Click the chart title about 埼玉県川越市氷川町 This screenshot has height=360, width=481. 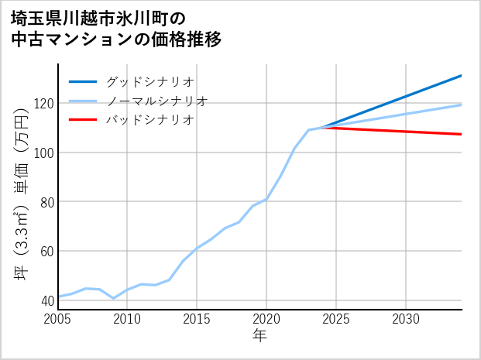pos(116,29)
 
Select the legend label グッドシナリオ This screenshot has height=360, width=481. pos(149,81)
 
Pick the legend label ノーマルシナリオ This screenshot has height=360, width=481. pos(156,101)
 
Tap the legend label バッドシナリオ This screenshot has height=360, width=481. pos(149,120)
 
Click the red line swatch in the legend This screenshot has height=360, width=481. pos(83,120)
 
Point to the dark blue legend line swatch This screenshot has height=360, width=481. pos(83,81)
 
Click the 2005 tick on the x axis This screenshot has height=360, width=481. pos(58,319)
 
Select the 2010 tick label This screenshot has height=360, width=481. pos(127,319)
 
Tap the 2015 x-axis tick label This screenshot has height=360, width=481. pos(197,319)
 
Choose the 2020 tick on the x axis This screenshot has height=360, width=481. pos(266,319)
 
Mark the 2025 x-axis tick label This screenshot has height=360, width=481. pos(336,319)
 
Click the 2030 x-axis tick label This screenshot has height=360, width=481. pos(406,319)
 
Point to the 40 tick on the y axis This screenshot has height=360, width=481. pos(45,300)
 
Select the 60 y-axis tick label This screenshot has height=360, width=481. pos(45,251)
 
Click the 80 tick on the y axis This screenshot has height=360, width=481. pos(45,201)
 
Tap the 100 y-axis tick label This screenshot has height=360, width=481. pos(42,153)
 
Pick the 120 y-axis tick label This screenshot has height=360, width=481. pos(42,103)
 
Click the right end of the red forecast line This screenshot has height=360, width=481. pos(461,134)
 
